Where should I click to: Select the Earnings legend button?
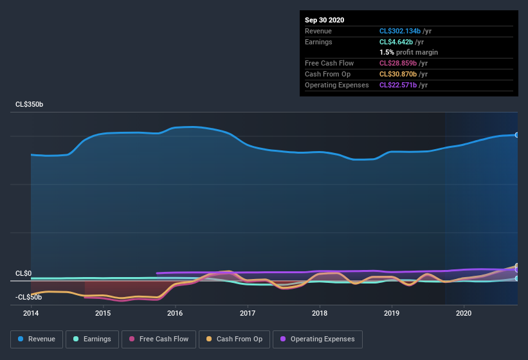[x=91, y=339]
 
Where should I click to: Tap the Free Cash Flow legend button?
[x=158, y=339]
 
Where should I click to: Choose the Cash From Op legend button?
[x=234, y=339]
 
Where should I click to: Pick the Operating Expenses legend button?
[x=318, y=339]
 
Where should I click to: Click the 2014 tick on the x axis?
[x=31, y=313]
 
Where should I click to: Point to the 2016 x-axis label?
[x=175, y=313]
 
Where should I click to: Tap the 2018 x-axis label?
[x=320, y=313]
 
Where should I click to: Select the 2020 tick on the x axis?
[x=464, y=313]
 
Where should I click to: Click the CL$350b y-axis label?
[x=29, y=104]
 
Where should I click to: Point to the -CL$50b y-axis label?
[x=29, y=297]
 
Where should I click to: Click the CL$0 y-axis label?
[x=24, y=273]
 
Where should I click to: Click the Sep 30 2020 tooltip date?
[x=325, y=20]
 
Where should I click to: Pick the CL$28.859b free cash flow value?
[x=401, y=63]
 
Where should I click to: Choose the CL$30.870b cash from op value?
[x=401, y=74]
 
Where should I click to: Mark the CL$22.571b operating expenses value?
[x=401, y=85]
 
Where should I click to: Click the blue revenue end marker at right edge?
[x=516, y=135]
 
